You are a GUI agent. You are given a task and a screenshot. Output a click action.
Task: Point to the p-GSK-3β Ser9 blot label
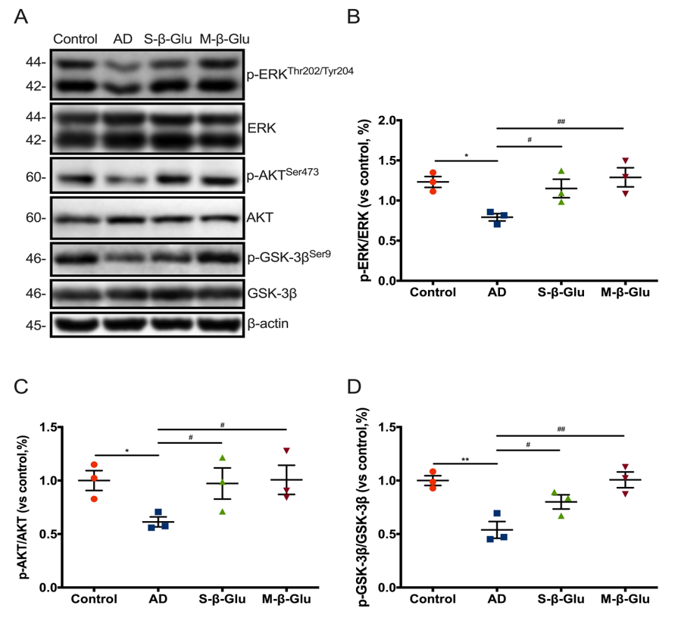coord(289,257)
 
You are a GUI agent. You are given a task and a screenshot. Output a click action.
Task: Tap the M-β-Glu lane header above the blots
coord(225,39)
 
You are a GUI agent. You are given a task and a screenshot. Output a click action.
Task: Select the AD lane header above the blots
coord(123,39)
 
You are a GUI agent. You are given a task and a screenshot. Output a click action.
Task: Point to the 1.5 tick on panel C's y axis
coord(51,427)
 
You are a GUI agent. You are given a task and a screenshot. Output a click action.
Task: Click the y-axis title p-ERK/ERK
coord(367,201)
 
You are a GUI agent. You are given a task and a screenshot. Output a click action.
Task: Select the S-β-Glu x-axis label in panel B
coord(560,293)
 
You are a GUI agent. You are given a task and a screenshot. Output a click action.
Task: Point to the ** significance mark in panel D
coord(464,459)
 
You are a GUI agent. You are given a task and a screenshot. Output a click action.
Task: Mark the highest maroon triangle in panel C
coord(286,451)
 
